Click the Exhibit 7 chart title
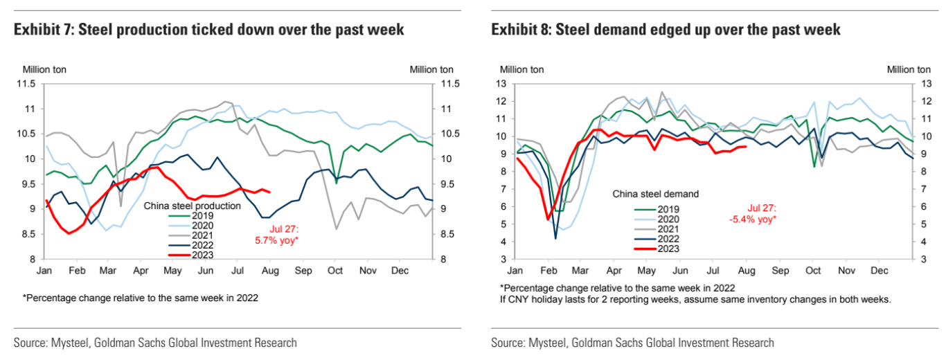click(x=208, y=30)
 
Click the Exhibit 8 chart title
click(x=666, y=30)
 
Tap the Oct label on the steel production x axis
click(x=335, y=270)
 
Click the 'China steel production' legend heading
click(x=192, y=206)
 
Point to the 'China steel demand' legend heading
click(x=656, y=194)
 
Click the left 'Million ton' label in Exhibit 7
click(x=44, y=69)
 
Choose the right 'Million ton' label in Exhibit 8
click(x=909, y=69)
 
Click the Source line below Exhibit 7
click(x=155, y=343)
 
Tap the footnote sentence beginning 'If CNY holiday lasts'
click(x=694, y=299)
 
